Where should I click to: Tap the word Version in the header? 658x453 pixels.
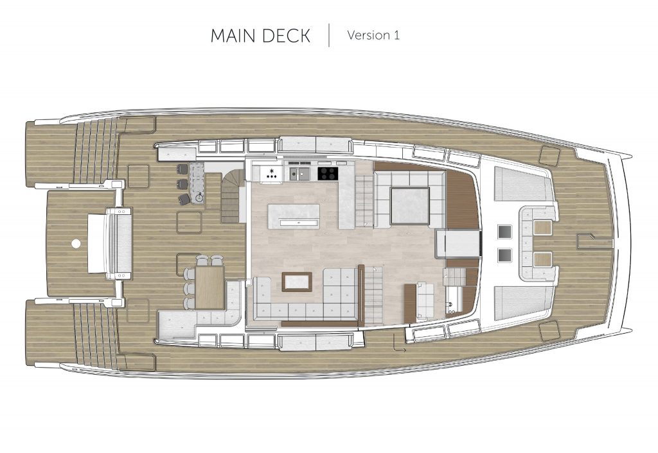pyautogui.click(x=369, y=35)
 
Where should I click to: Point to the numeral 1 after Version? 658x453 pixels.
pyautogui.click(x=396, y=35)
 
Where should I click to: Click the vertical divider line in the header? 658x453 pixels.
pyautogui.click(x=329, y=35)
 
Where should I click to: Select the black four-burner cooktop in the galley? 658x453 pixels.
pyautogui.click(x=328, y=173)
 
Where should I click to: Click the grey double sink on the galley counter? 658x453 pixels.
pyautogui.click(x=300, y=173)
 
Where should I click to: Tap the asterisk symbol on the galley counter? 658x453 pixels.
pyautogui.click(x=272, y=171)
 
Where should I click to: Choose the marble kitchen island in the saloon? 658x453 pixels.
pyautogui.click(x=293, y=216)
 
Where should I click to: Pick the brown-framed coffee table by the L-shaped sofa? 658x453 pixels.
pyautogui.click(x=297, y=281)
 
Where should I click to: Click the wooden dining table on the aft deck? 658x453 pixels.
pyautogui.click(x=210, y=287)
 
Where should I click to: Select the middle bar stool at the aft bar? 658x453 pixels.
pyautogui.click(x=182, y=184)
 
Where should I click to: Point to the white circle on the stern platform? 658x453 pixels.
pyautogui.click(x=76, y=243)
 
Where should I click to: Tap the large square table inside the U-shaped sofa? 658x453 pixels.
pyautogui.click(x=410, y=206)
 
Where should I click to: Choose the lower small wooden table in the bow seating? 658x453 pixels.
pyautogui.click(x=541, y=259)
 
